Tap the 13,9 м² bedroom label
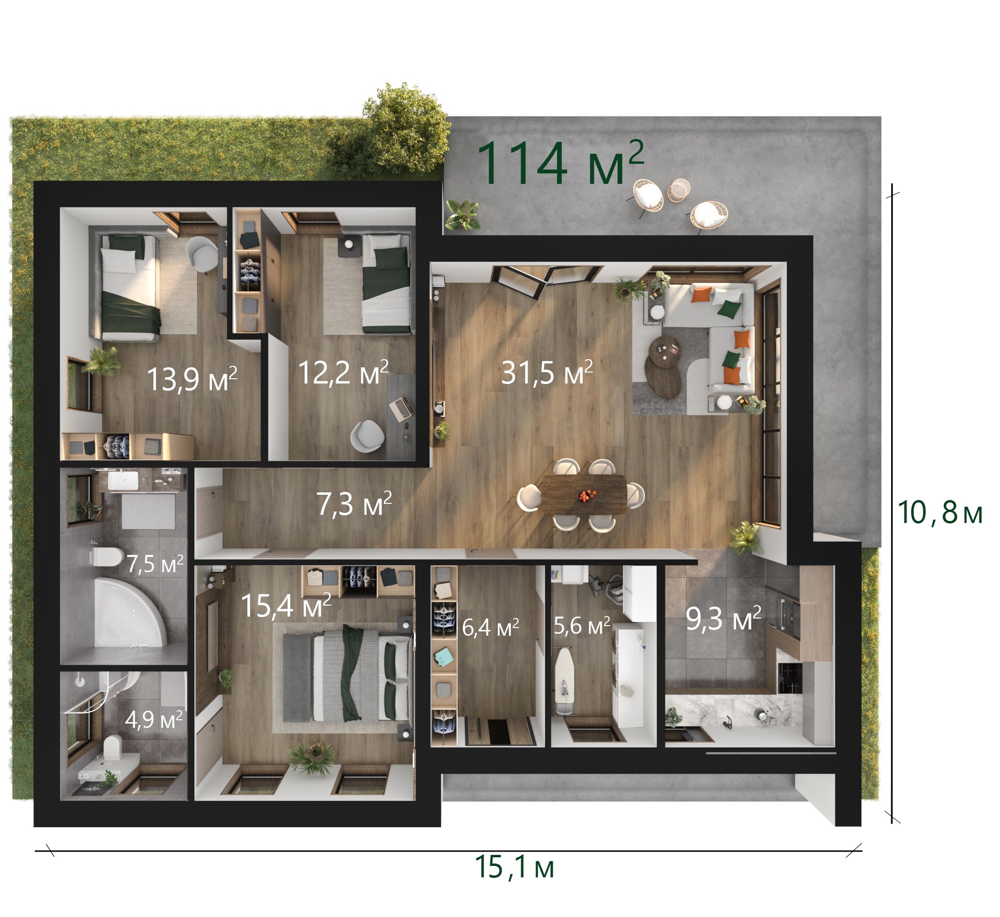click(192, 379)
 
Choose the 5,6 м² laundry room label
click(581, 626)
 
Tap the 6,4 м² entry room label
click(490, 627)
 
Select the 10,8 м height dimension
click(940, 512)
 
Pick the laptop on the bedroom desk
click(402, 406)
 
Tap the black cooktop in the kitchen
click(789, 678)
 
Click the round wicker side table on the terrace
click(679, 190)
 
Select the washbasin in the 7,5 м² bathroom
click(123, 480)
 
